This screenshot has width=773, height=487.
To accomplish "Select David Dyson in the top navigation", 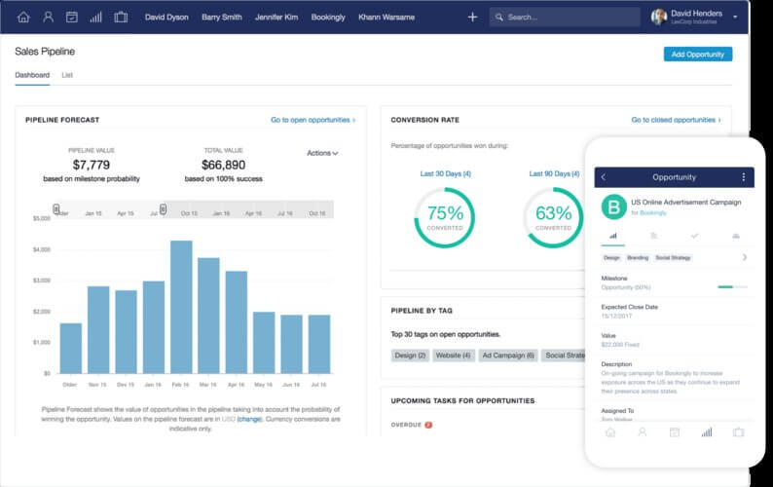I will pyautogui.click(x=167, y=17).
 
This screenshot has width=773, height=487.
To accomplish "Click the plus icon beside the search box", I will pyautogui.click(x=472, y=17).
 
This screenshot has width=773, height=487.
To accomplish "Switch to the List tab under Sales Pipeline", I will pyautogui.click(x=67, y=75).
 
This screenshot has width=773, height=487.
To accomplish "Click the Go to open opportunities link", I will pyautogui.click(x=313, y=120).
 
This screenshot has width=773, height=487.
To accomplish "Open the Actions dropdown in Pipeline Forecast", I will pyautogui.click(x=322, y=153).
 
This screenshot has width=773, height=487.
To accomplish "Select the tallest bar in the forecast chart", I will pyautogui.click(x=181, y=307).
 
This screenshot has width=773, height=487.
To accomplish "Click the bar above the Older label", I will pyautogui.click(x=71, y=348).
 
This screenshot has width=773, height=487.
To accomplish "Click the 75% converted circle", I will pyautogui.click(x=445, y=216).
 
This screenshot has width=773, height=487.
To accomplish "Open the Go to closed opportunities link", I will pyautogui.click(x=675, y=120).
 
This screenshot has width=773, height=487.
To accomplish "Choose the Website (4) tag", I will pyautogui.click(x=454, y=356).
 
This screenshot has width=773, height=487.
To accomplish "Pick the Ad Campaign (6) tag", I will pyautogui.click(x=509, y=356).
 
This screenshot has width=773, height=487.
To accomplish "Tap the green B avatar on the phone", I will pyautogui.click(x=613, y=206).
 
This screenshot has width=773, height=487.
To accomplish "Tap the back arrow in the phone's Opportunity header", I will pyautogui.click(x=604, y=177).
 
